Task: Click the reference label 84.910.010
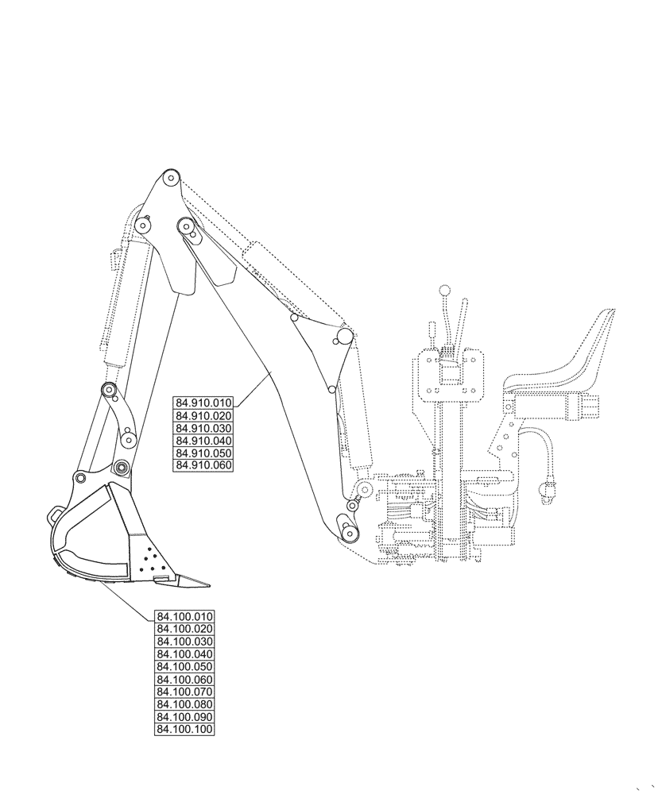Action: click(x=203, y=404)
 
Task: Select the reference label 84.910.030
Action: click(x=203, y=429)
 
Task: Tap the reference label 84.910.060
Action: click(x=203, y=465)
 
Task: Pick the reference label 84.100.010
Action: click(x=185, y=616)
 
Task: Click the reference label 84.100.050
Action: click(x=185, y=666)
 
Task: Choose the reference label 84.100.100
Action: click(x=185, y=729)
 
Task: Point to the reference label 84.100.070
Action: click(x=185, y=692)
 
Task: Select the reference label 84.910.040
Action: click(x=203, y=441)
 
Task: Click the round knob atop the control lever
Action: click(x=446, y=290)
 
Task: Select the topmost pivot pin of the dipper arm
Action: click(x=170, y=178)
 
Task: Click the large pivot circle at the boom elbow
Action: click(x=344, y=337)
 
